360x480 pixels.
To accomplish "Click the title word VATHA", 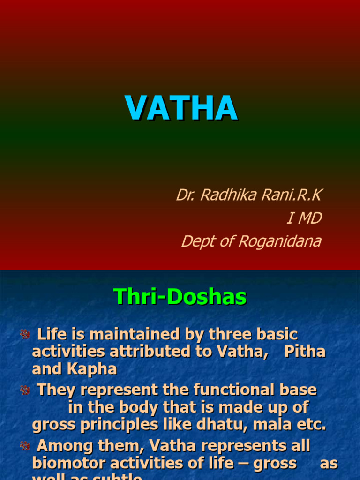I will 181,108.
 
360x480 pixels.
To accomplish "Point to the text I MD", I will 304,218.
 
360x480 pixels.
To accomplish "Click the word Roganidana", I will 280,241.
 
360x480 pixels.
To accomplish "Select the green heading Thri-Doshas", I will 180,297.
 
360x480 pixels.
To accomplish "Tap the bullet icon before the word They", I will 24,390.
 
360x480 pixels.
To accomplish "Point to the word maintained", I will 139,335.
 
